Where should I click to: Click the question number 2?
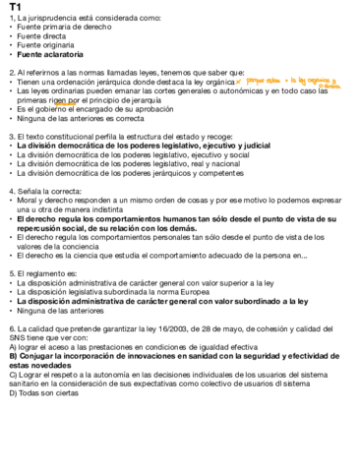point(11,72)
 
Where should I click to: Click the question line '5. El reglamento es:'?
point(44,270)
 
